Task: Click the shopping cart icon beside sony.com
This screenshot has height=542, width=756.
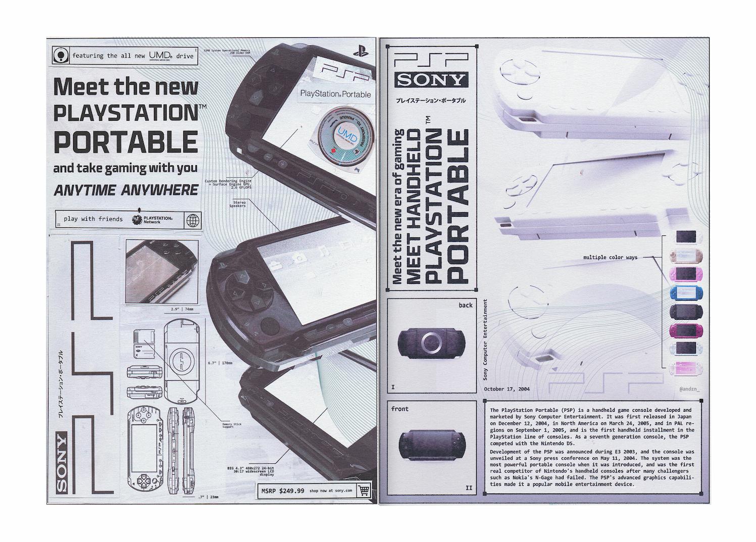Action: coord(363,490)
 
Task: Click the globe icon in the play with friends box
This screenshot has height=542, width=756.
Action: coord(192,220)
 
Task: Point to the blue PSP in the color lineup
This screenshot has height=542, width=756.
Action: coord(686,294)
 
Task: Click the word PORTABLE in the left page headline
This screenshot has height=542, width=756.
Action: coord(125,142)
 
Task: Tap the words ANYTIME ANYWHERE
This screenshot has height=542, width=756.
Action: coord(126,190)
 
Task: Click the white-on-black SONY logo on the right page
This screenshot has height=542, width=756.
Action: coord(432,79)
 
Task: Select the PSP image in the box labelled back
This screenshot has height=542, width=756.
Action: coord(430,343)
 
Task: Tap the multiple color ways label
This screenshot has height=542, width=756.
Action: coord(610,258)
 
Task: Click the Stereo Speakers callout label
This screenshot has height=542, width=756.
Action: coord(238,204)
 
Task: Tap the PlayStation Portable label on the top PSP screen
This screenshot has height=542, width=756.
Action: coord(335,94)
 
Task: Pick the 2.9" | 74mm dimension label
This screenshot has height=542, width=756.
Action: coord(182,309)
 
